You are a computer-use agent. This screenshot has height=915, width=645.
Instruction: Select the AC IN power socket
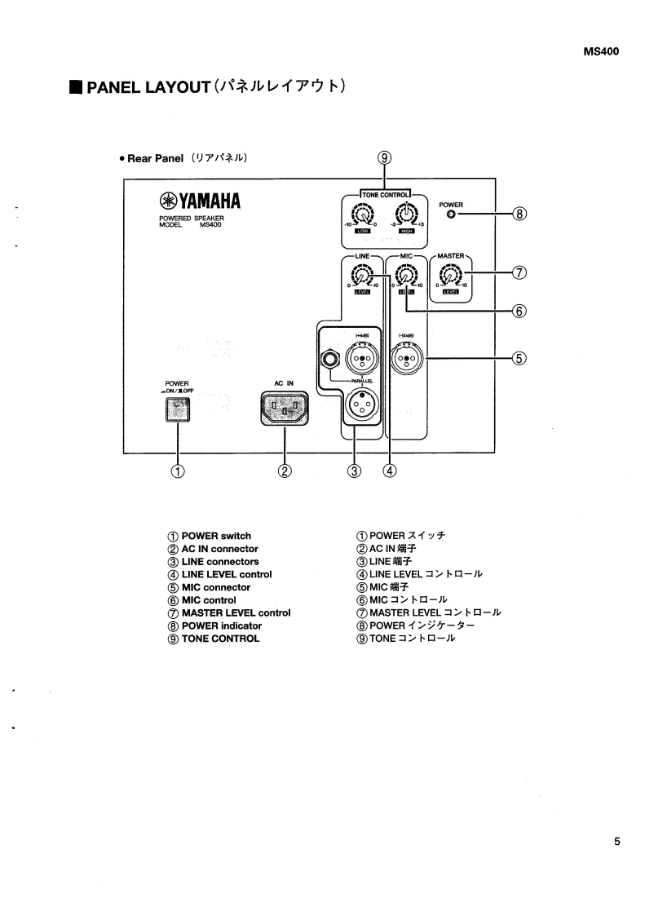click(x=285, y=408)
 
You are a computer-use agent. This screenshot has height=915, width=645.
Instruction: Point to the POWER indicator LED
click(x=450, y=215)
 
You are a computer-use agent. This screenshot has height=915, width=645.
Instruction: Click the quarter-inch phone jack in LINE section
click(x=331, y=357)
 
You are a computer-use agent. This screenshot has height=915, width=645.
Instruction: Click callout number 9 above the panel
click(x=385, y=159)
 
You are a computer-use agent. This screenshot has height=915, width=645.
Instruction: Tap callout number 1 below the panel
click(x=177, y=471)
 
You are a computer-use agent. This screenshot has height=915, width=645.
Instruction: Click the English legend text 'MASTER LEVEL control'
click(x=236, y=612)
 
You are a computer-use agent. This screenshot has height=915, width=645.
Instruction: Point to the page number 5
click(x=616, y=842)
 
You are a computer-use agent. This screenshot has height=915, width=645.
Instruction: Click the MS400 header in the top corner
click(x=601, y=51)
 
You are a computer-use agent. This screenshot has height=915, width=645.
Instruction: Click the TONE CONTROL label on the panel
click(x=385, y=193)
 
